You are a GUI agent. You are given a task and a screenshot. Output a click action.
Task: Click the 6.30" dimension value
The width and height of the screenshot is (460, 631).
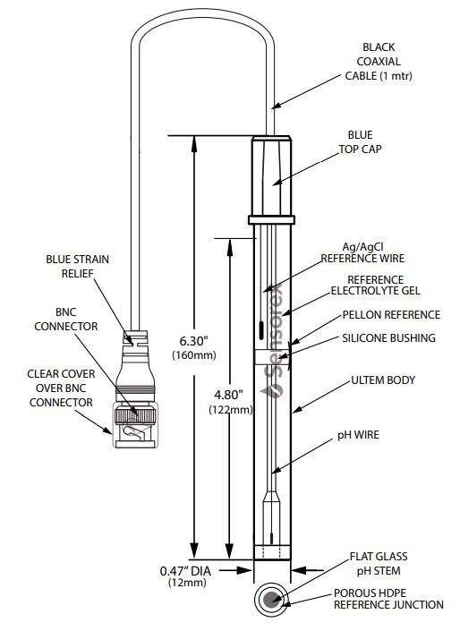[193, 341]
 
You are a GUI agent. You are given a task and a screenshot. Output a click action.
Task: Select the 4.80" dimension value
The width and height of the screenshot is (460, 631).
[228, 395]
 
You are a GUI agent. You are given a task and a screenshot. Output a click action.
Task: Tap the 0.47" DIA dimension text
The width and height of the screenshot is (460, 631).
[185, 571]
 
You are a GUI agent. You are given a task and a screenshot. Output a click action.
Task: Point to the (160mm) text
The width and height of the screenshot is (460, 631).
[194, 355]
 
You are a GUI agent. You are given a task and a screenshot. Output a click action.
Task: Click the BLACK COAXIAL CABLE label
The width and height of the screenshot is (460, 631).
[379, 62]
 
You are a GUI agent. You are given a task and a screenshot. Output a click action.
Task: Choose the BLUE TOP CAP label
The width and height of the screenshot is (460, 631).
[360, 142]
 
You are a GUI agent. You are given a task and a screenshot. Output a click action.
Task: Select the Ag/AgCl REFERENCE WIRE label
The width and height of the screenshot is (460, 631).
[362, 252]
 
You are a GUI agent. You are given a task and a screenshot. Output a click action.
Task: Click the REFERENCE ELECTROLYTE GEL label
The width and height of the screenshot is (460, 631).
[376, 286]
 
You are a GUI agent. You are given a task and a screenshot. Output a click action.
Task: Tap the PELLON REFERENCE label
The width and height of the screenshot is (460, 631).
[391, 315]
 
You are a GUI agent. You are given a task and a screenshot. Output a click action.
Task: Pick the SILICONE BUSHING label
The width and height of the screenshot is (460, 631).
[388, 338]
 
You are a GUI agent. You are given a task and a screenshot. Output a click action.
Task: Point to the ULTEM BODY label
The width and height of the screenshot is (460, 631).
[383, 380]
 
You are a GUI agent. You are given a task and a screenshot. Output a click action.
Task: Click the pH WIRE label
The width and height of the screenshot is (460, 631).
[358, 435]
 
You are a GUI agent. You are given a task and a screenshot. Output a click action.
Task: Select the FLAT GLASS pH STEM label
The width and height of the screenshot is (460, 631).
[379, 564]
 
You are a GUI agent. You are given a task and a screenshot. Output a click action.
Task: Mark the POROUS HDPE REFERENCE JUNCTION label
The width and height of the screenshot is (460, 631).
[388, 599]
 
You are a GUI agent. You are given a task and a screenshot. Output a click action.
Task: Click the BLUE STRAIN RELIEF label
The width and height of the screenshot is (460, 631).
[77, 267]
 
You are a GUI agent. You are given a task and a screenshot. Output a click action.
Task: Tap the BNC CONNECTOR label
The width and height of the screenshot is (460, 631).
[66, 320]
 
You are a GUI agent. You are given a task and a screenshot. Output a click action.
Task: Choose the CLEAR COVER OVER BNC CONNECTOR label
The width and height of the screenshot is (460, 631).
[61, 388]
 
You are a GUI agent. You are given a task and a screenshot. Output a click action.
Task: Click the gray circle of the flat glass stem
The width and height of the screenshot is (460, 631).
[272, 599]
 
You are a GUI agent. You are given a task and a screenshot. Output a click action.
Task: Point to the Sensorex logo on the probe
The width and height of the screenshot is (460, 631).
[273, 341]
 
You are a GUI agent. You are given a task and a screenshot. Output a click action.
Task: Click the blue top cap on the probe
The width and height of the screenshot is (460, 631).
[272, 180]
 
